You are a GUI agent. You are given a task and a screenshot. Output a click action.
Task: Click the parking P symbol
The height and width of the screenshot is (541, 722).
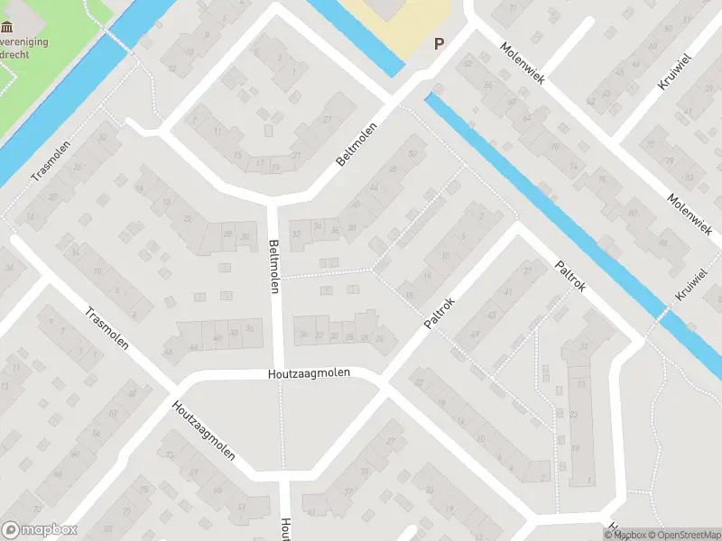point(440,42)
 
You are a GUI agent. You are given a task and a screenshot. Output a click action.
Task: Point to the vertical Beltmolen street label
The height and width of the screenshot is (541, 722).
point(273,265)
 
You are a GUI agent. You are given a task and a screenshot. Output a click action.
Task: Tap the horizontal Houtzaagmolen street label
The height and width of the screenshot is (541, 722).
point(309,372)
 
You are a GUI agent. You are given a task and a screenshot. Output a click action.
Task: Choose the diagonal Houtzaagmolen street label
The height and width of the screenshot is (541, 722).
point(203,429)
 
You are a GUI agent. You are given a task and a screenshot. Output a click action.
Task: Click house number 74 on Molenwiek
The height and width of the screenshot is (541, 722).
point(572,166)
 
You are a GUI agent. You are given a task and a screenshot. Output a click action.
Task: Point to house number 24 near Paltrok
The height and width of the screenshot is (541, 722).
point(380,338)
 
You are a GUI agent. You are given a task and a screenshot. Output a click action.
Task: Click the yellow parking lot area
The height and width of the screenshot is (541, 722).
point(397,23)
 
